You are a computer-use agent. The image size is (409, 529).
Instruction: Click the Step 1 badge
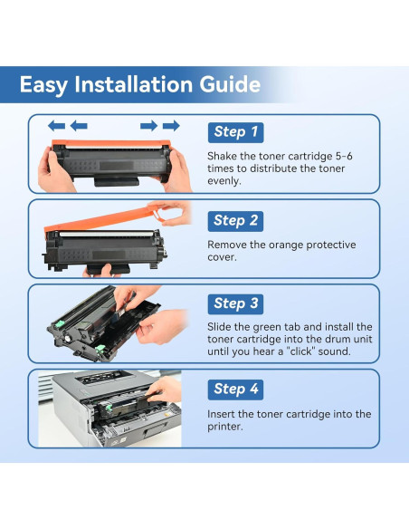(235, 132)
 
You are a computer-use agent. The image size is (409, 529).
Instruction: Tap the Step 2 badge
(235, 221)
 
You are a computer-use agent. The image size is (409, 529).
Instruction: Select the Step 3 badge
(235, 304)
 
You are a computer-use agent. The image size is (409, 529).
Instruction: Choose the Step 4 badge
(235, 390)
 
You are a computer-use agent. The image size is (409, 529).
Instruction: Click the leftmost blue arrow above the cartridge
(56, 126)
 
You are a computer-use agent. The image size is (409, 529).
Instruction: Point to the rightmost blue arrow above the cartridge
(171, 126)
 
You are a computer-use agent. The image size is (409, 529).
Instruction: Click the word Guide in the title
(230, 84)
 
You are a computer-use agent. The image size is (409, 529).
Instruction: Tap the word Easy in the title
(43, 85)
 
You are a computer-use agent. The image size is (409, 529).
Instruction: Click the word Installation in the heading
(133, 84)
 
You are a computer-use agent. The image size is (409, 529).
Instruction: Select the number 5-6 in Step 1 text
(344, 156)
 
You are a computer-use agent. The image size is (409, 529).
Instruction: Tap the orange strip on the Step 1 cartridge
(111, 144)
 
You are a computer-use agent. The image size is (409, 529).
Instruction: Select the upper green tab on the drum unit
(59, 324)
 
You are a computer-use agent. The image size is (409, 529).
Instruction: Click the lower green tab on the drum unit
(100, 349)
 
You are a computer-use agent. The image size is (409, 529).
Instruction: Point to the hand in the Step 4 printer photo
(165, 390)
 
